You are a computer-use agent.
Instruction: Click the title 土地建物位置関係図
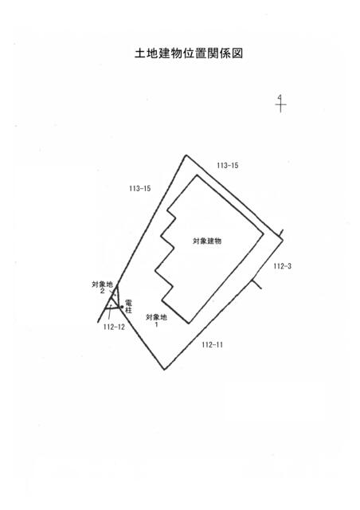(x=189, y=53)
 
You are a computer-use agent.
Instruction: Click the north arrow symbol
(x=280, y=104)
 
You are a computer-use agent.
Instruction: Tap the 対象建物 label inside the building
(x=207, y=241)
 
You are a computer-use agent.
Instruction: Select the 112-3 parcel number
(x=282, y=266)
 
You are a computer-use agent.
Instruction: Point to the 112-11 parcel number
(x=213, y=345)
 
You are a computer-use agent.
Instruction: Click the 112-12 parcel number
(x=114, y=327)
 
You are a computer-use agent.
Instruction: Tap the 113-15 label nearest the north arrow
(x=228, y=165)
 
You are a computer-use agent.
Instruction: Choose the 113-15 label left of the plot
(x=140, y=188)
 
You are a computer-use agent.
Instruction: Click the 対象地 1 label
(x=156, y=320)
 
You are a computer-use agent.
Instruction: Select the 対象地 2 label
(x=103, y=288)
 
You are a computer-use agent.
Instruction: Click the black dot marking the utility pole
(x=122, y=307)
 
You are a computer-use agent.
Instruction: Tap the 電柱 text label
(x=128, y=307)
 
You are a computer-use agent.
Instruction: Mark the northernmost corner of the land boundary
(x=186, y=155)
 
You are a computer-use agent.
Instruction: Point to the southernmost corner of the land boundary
(x=165, y=370)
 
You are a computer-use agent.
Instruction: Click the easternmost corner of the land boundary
(x=283, y=240)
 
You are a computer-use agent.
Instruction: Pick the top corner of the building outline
(x=197, y=175)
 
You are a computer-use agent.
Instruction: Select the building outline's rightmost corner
(x=263, y=233)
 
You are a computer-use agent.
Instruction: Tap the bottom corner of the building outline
(x=189, y=323)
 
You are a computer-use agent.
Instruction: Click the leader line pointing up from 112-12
(x=110, y=313)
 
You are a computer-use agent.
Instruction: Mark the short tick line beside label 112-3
(x=257, y=284)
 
